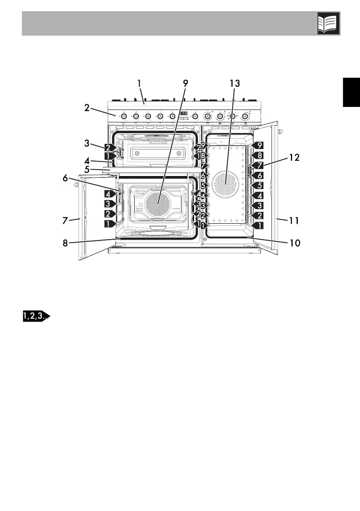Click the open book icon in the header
click(329, 23)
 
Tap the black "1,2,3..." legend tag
click(36, 316)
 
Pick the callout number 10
click(294, 243)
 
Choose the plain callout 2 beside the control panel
click(87, 108)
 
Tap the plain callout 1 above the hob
click(139, 83)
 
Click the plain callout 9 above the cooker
click(185, 83)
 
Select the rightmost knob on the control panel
click(246, 116)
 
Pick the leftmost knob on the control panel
click(124, 116)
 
